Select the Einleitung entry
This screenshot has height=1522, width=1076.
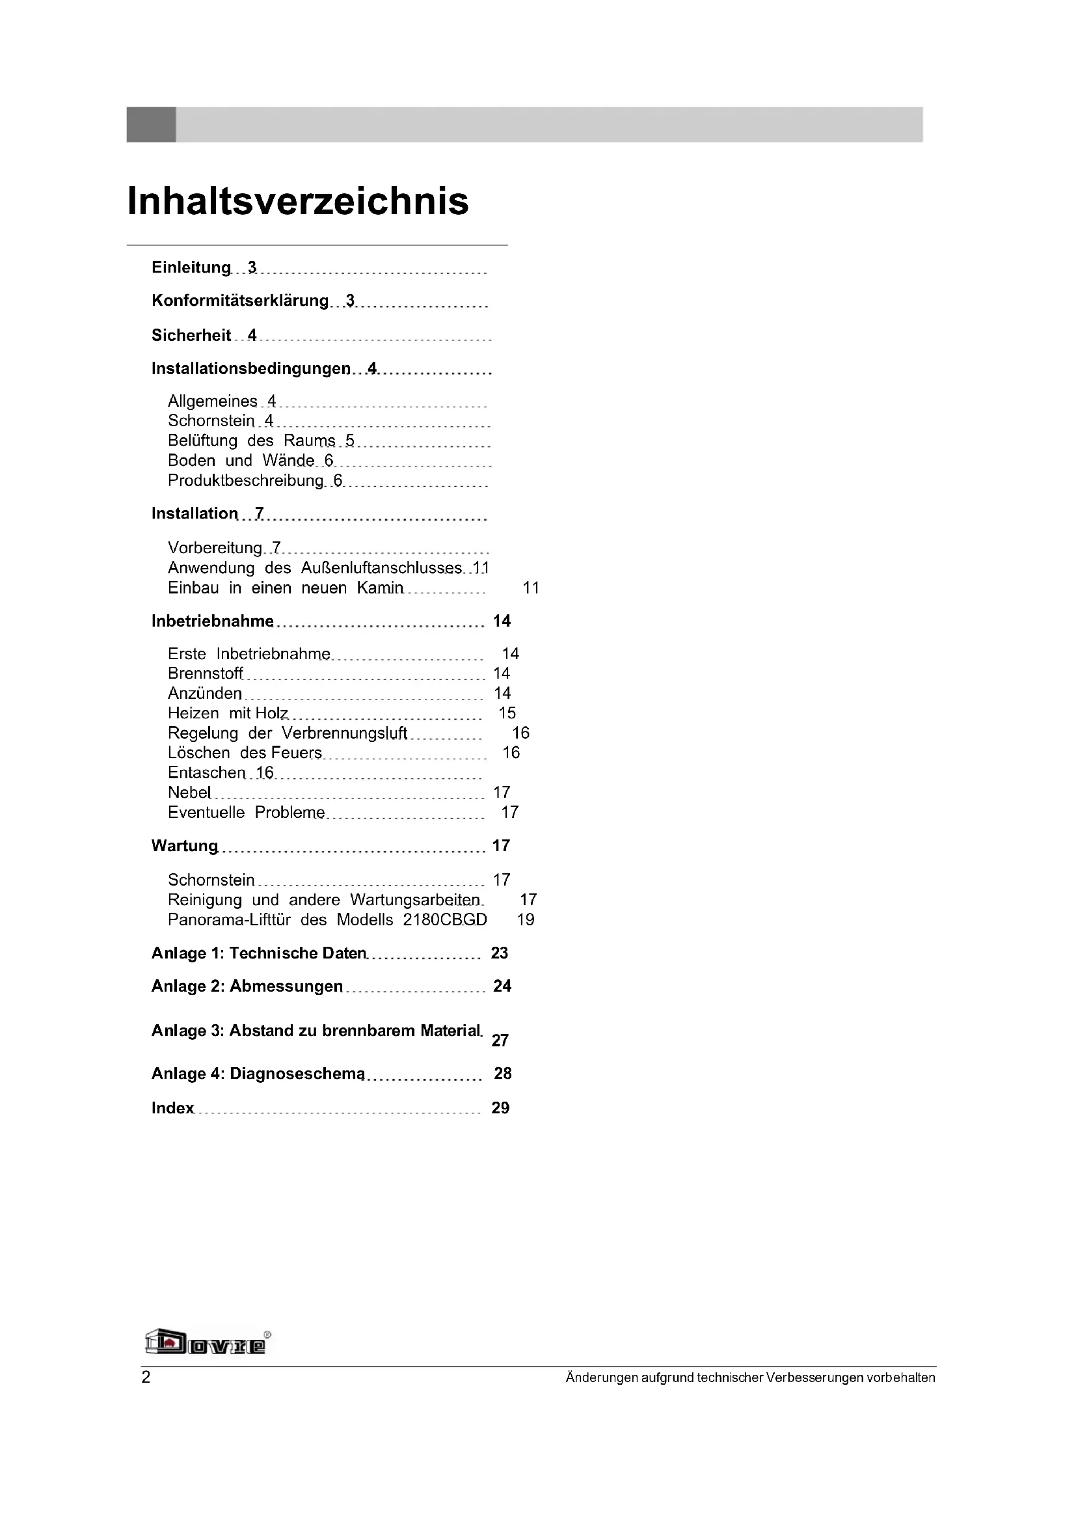pyautogui.click(x=191, y=267)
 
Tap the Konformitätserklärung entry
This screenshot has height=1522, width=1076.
pyautogui.click(x=240, y=301)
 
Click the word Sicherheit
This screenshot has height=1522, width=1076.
pyautogui.click(x=191, y=335)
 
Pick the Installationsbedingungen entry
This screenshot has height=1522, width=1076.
pyautogui.click(x=250, y=368)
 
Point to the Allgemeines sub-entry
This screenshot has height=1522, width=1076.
pyautogui.click(x=212, y=401)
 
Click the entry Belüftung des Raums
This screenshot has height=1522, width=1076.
pyautogui.click(x=251, y=441)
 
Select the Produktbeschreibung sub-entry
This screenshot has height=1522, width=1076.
pyautogui.click(x=245, y=481)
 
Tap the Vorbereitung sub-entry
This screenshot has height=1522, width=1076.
pyautogui.click(x=215, y=548)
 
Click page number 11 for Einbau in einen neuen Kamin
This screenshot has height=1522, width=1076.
pyautogui.click(x=531, y=588)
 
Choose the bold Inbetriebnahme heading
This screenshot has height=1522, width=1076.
pyautogui.click(x=212, y=621)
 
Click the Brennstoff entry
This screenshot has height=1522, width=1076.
pyautogui.click(x=206, y=673)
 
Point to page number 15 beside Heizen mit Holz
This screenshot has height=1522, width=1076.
pyautogui.click(x=507, y=713)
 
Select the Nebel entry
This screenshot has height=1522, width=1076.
pyautogui.click(x=189, y=792)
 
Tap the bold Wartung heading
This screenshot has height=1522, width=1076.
pyautogui.click(x=184, y=846)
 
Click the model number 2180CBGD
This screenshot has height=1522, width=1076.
pyautogui.click(x=444, y=920)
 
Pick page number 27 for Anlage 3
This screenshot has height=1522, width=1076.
pyautogui.click(x=500, y=1040)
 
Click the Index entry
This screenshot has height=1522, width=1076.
pyautogui.click(x=173, y=1108)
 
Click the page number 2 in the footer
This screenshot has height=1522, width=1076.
pyautogui.click(x=146, y=1378)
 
